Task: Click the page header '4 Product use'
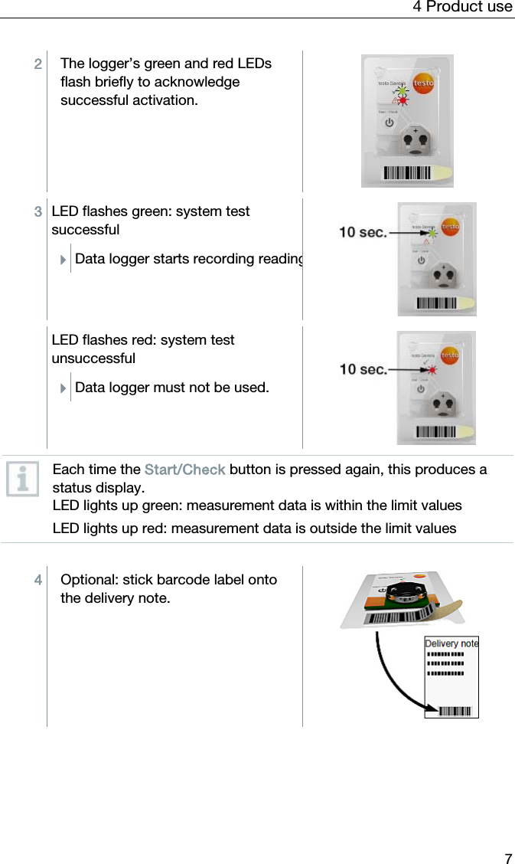click(462, 7)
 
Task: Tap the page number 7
click(507, 858)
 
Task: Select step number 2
click(37, 64)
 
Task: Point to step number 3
click(37, 211)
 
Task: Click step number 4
click(37, 580)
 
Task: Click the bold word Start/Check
click(184, 470)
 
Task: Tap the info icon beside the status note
click(22, 479)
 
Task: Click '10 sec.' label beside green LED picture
click(363, 231)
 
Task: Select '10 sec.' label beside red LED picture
click(363, 369)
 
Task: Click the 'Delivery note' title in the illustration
click(451, 643)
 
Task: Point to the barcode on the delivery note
click(455, 711)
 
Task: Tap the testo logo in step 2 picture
click(422, 83)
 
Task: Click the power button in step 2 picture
click(389, 123)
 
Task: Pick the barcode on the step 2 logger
click(407, 172)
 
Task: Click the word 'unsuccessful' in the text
click(93, 358)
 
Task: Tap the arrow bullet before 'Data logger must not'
click(64, 388)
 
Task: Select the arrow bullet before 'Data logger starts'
click(64, 260)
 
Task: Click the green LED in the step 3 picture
click(432, 233)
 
